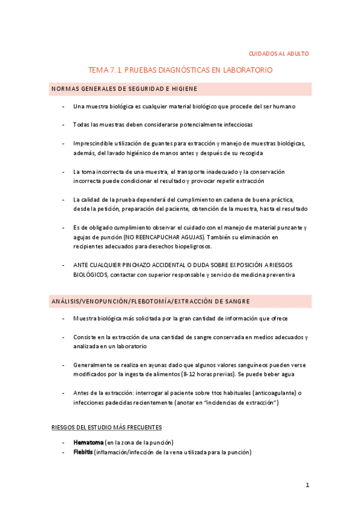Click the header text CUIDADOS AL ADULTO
[x=279, y=54]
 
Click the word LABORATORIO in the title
[x=247, y=70]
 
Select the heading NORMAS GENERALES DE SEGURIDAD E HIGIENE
[x=124, y=89]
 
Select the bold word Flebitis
[x=83, y=452]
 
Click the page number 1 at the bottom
[x=307, y=485]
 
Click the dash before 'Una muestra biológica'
[x=64, y=106]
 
